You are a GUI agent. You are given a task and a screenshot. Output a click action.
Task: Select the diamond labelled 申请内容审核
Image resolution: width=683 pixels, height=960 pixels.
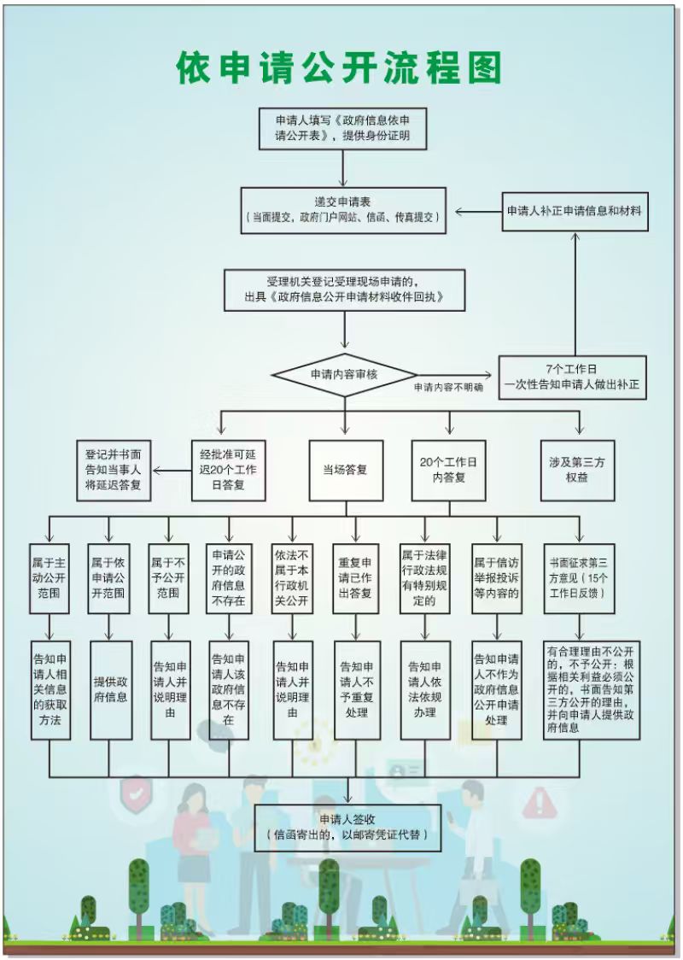pos(344,374)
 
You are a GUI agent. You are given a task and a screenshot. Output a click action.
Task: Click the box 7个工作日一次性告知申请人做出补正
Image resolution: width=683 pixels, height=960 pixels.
pos(572,378)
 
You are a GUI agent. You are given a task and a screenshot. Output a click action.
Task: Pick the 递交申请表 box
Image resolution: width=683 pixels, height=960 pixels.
pos(343,210)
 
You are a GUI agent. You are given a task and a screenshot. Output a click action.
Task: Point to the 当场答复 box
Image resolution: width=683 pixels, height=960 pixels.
pos(345,470)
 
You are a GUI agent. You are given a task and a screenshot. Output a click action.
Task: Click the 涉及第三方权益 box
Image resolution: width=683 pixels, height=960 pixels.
pos(578,470)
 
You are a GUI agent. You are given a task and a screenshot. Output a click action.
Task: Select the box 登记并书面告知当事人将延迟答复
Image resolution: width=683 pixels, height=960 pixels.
pos(113,470)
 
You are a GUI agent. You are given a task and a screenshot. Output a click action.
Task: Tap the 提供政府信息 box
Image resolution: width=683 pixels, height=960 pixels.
pos(110,689)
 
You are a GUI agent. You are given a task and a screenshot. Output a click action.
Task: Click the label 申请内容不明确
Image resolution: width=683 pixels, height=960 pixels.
pos(448,388)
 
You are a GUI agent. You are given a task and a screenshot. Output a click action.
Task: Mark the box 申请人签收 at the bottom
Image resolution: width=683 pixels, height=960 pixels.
pos(347,827)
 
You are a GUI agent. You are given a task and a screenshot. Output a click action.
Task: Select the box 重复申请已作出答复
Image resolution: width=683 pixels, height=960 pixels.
pos(355,578)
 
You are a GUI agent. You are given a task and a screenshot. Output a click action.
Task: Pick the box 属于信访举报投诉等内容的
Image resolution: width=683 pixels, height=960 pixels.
pos(496,578)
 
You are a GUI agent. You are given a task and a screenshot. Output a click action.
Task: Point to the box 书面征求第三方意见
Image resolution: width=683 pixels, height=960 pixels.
pos(579,578)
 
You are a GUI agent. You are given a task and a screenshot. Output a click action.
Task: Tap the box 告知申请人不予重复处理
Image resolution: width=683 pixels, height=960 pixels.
pos(356,689)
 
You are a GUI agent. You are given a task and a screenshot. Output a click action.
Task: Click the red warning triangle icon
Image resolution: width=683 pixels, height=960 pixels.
pos(539,800)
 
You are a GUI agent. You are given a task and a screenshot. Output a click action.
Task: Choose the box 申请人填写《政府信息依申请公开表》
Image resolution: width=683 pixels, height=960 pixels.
pos(343,128)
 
